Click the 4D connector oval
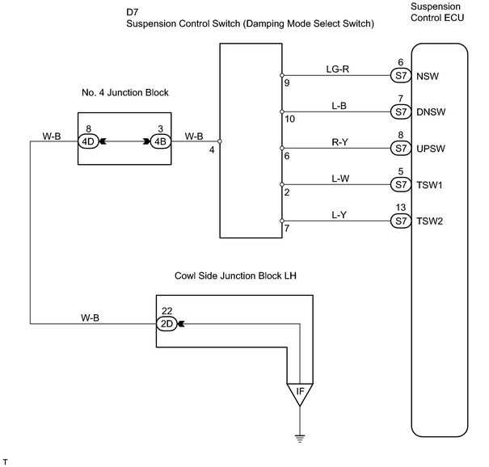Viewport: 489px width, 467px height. (x=88, y=141)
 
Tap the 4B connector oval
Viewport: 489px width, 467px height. (x=161, y=141)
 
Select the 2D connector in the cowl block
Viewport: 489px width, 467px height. (x=167, y=324)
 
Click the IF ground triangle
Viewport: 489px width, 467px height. (x=300, y=393)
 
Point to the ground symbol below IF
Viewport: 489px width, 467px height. (x=300, y=439)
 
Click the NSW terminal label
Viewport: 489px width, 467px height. (x=428, y=76)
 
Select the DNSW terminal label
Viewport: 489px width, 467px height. (x=431, y=112)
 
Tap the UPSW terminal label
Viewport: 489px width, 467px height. (x=431, y=149)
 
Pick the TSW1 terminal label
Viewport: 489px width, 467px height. (x=429, y=185)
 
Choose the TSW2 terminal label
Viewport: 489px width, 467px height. (x=430, y=221)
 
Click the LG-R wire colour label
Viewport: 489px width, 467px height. (x=338, y=69)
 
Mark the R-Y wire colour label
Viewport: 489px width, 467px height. (x=339, y=142)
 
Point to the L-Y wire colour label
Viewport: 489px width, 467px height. (x=339, y=215)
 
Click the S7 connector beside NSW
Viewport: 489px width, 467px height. (x=401, y=75)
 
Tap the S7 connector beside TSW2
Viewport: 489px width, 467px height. (x=401, y=221)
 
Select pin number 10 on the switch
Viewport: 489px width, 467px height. (x=289, y=119)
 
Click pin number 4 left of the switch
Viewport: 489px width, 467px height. (x=212, y=150)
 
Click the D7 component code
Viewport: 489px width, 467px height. (x=133, y=12)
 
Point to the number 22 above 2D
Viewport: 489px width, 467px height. (x=167, y=311)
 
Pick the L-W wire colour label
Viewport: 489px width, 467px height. (x=340, y=179)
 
